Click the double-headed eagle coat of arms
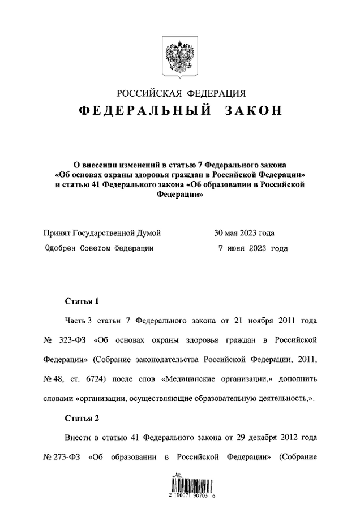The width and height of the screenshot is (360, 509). pos(180,57)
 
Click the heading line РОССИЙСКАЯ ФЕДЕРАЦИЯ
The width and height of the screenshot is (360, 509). pos(181,93)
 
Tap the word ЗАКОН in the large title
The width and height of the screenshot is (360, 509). pos(253,111)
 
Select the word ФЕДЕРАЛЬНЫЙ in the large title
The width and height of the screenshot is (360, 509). pos(145,111)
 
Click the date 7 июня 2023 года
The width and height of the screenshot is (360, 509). pos(252,248)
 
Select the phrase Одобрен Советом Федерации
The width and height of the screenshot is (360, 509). pos(98,248)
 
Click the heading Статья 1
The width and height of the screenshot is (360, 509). pos(82,301)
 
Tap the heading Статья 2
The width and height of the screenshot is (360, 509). pos(82,419)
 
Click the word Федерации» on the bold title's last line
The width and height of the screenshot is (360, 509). pos(180,193)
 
